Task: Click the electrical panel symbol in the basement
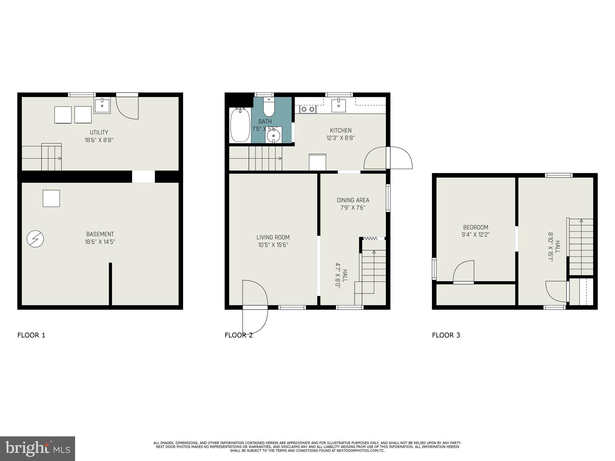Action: [35, 239]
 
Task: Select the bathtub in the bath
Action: [240, 125]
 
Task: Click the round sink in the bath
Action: [273, 136]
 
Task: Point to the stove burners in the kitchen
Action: [308, 110]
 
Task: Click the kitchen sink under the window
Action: [339, 105]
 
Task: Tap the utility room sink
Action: [102, 105]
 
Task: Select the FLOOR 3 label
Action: [446, 335]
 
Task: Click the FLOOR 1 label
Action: [31, 335]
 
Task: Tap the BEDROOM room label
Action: [476, 227]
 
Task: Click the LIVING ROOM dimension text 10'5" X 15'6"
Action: [273, 245]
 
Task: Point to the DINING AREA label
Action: [353, 200]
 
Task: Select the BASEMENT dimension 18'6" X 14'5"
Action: [100, 242]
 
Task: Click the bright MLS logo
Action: [37, 448]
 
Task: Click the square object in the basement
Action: [51, 198]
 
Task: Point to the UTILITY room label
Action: [99, 132]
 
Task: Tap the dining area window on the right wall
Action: [388, 198]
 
